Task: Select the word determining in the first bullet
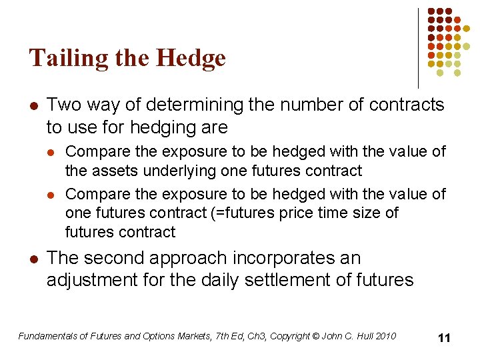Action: [186, 105]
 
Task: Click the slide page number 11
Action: [444, 338]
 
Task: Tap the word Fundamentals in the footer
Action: [48, 336]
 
